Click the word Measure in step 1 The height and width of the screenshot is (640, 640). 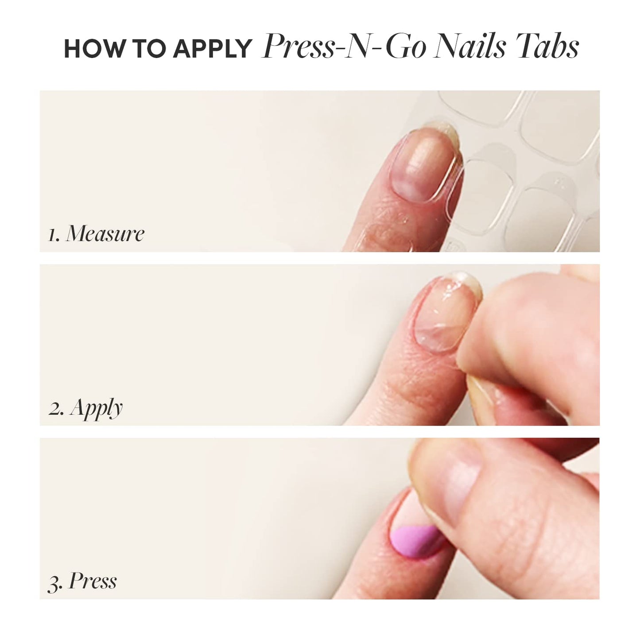[x=105, y=233]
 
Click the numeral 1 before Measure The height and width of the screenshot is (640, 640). [x=53, y=235]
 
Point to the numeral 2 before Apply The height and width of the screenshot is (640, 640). [x=55, y=409]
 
